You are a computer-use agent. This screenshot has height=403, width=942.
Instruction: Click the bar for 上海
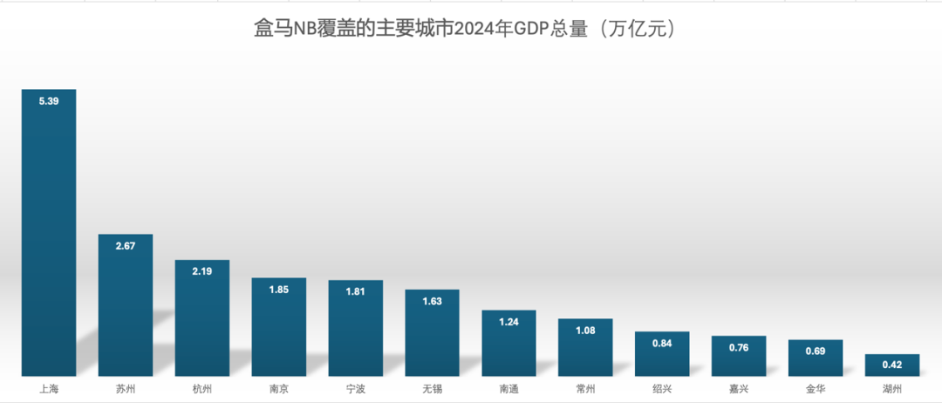pyautogui.click(x=49, y=236)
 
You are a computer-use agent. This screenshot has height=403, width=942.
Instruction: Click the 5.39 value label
pyautogui.click(x=49, y=102)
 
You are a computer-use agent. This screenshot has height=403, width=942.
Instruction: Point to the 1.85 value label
pyautogui.click(x=279, y=290)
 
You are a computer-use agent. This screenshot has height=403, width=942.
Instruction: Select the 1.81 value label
pyautogui.click(x=355, y=291)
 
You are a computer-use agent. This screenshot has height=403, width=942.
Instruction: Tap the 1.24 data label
pyautogui.click(x=509, y=322)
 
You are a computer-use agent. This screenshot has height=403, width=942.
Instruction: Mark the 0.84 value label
pyautogui.click(x=662, y=344)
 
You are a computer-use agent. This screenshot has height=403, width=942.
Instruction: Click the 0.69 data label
pyautogui.click(x=816, y=351)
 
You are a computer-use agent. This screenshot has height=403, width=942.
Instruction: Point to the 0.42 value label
pyautogui.click(x=891, y=365)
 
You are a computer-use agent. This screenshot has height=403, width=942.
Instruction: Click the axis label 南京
pyautogui.click(x=279, y=389)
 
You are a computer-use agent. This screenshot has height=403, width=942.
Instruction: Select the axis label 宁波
pyautogui.click(x=355, y=389)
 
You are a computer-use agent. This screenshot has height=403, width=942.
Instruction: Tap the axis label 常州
pyautogui.click(x=585, y=389)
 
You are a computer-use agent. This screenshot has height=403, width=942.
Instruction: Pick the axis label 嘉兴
pyautogui.click(x=739, y=389)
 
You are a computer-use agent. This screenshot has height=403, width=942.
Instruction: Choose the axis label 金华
pyautogui.click(x=816, y=389)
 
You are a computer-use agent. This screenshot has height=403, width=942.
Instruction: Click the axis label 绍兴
pyautogui.click(x=662, y=389)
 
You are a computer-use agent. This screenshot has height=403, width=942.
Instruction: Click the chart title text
pyautogui.click(x=472, y=28)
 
